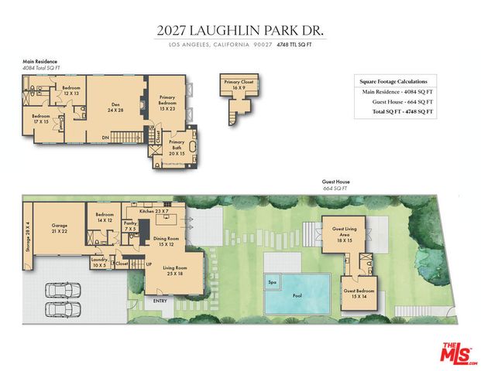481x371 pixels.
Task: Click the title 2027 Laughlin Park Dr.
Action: click(240, 31)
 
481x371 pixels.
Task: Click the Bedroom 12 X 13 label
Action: click(72, 90)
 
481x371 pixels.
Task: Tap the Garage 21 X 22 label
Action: click(60, 229)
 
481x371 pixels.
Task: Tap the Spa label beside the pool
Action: click(272, 282)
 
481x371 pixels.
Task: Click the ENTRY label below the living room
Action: click(160, 301)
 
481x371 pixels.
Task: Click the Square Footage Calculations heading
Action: click(398, 80)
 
